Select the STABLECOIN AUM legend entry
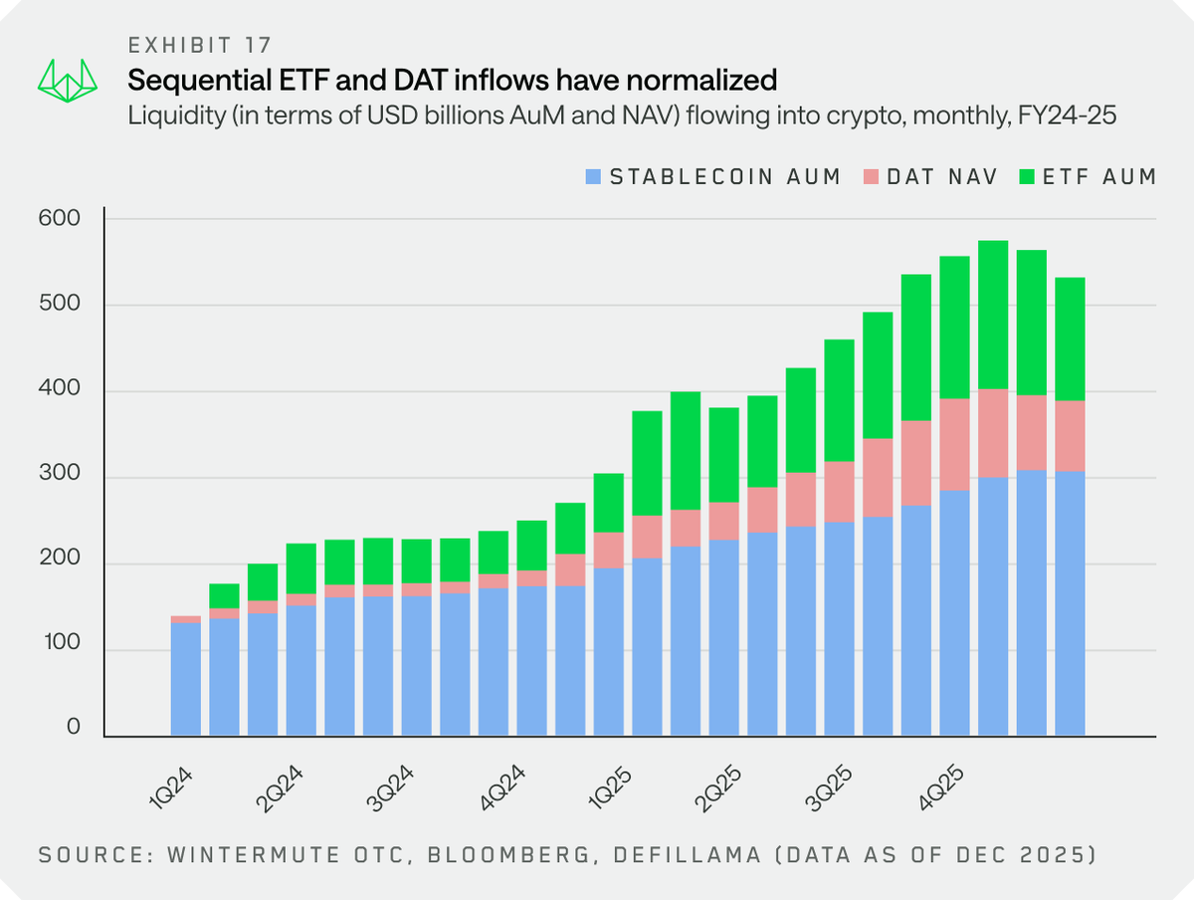(x=713, y=177)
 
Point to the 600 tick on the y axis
(x=61, y=218)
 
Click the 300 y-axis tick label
(x=61, y=478)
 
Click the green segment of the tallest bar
(x=993, y=314)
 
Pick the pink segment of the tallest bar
(x=993, y=433)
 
